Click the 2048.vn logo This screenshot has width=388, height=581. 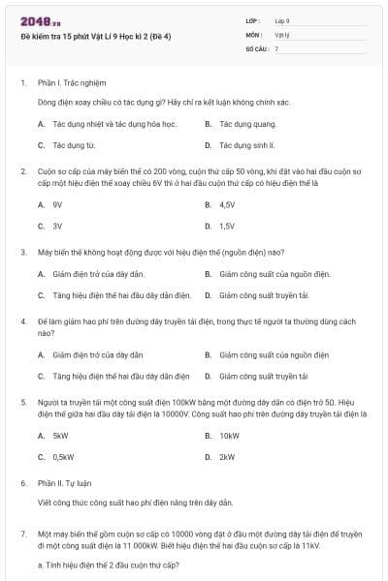(35, 21)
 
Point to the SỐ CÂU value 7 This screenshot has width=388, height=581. (276, 47)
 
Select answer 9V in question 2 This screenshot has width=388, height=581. (57, 204)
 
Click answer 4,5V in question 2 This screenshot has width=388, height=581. (227, 204)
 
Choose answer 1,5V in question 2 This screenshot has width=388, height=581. (227, 226)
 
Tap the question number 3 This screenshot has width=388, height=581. (23, 251)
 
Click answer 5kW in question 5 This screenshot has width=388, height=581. (60, 435)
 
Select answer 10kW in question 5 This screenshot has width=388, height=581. (229, 435)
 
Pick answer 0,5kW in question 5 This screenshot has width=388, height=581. (63, 456)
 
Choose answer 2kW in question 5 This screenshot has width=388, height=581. (227, 456)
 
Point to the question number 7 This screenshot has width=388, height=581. (23, 533)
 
